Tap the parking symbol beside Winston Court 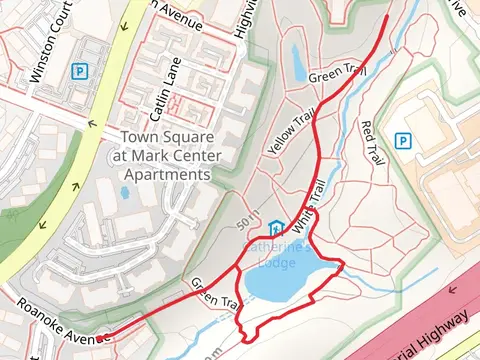pos(78,72)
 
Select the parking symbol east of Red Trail pos(403,141)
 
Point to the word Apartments pos(166,173)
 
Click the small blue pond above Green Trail pos(299,62)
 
